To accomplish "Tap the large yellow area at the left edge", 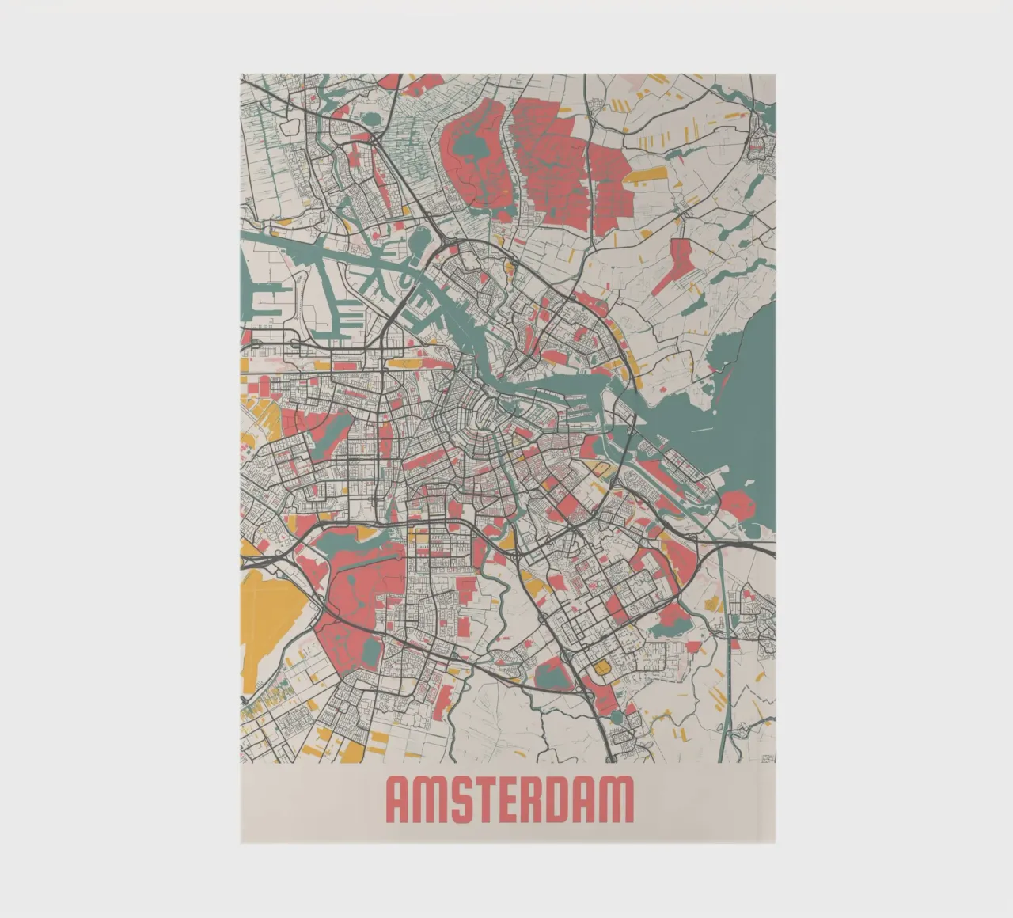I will coord(269,613).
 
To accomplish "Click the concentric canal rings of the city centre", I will coord(475,419).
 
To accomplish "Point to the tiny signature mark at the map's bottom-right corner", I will coord(767,758).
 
